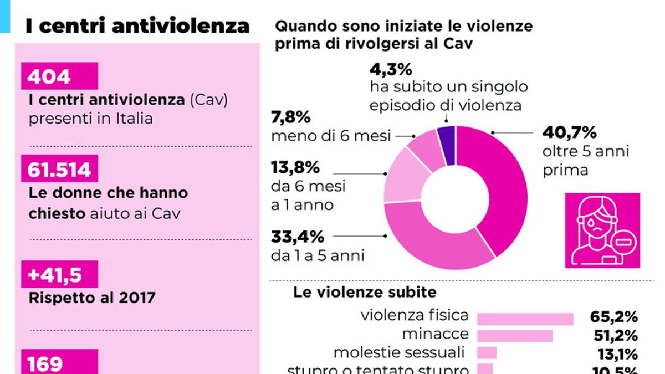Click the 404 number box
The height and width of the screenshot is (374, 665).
tap(59, 76)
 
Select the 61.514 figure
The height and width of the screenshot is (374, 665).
tap(59, 168)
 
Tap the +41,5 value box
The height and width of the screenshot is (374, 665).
tap(59, 274)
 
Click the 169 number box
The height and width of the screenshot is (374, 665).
tap(59, 362)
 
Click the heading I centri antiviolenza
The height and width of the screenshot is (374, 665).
tap(137, 26)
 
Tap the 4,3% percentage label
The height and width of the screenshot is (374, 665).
tap(391, 70)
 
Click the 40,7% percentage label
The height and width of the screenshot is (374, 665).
tap(569, 133)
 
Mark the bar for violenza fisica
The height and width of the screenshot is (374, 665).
tap(525, 319)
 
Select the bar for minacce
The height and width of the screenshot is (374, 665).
tap(515, 336)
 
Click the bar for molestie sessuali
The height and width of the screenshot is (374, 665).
tap(487, 353)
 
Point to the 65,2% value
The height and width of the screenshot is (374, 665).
tap(613, 317)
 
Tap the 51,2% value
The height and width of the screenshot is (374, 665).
tap(613, 336)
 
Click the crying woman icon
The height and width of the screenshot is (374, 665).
tap(602, 230)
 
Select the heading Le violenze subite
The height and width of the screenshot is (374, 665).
tap(365, 292)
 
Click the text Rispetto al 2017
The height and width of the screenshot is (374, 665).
tap(91, 298)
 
